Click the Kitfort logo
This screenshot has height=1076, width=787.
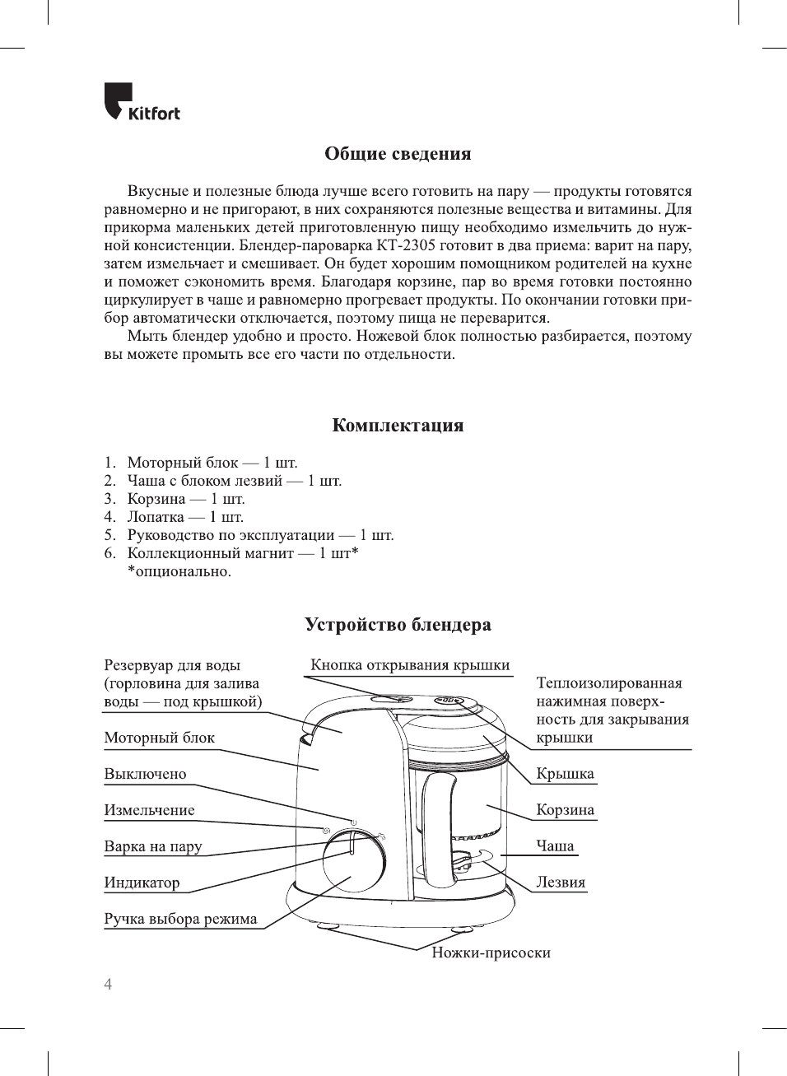coord(142,103)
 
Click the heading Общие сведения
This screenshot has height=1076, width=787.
coord(398,154)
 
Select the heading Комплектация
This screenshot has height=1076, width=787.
coord(398,426)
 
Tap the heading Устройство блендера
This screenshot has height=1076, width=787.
coord(398,625)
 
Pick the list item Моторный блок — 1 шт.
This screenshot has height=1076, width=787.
coord(212,463)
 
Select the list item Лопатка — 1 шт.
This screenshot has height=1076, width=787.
coord(185,517)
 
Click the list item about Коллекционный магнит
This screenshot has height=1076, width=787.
coord(242,553)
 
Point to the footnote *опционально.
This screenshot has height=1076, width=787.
coord(179,571)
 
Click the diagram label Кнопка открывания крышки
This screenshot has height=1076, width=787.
coord(410,665)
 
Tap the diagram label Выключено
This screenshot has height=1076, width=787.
coord(145,774)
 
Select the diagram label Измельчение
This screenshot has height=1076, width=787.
coord(149,810)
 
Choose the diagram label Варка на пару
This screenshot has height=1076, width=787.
coord(152,846)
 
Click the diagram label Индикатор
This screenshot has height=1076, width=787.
coord(142,883)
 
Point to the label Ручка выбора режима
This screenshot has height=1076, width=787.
coord(180,919)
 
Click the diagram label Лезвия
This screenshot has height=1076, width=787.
coord(561,883)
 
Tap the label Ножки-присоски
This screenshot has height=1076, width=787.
coord(491,953)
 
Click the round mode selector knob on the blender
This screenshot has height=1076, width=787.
coord(353,859)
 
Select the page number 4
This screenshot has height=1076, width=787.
coord(108,985)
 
